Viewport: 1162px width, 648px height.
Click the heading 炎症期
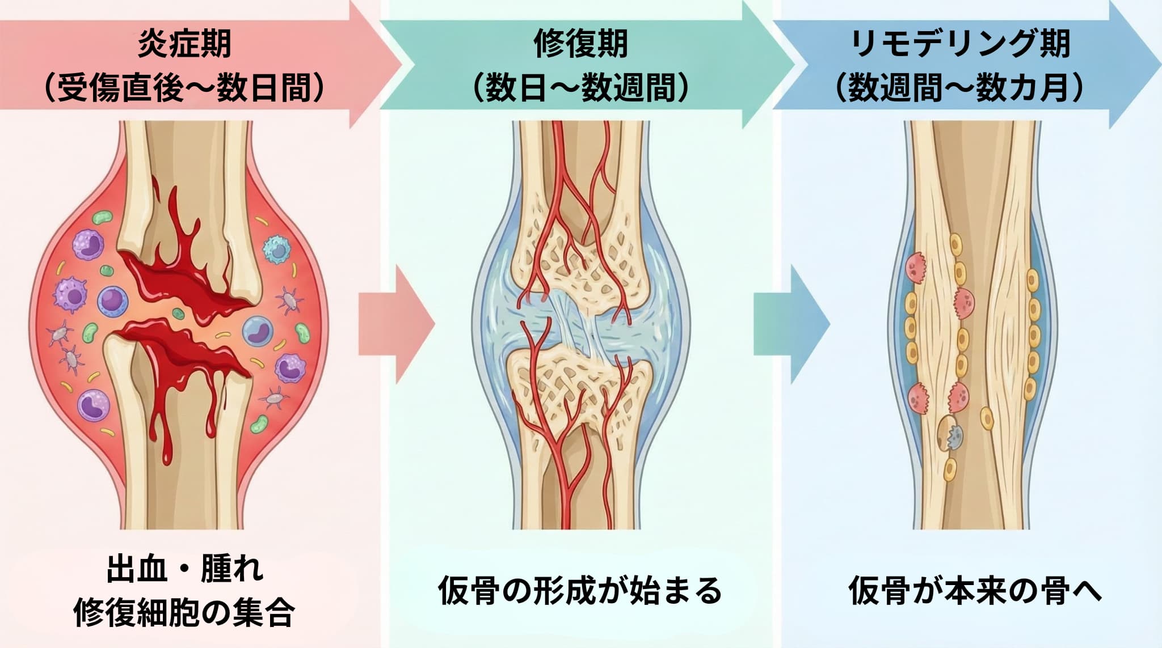184,44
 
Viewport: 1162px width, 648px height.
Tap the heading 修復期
580,44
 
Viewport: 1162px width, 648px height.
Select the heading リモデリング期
961,44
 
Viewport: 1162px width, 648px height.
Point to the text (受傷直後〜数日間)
184,88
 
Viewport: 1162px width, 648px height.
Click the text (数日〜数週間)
580,88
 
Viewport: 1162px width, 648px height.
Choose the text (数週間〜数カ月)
961,88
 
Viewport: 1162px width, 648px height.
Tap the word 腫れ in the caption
232,569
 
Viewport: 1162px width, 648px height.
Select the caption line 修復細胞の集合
184,612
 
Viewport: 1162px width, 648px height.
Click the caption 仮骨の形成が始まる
580,590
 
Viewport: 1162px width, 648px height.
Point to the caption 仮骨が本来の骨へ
975,590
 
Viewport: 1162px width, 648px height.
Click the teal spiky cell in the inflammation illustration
277,249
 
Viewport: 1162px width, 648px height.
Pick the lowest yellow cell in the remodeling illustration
949,470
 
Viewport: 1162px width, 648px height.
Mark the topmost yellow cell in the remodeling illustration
957,244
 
